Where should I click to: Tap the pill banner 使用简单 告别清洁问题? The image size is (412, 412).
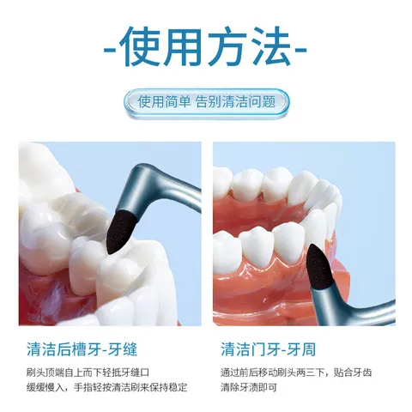click(x=205, y=101)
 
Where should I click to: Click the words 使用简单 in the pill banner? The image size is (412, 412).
click(x=164, y=101)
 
